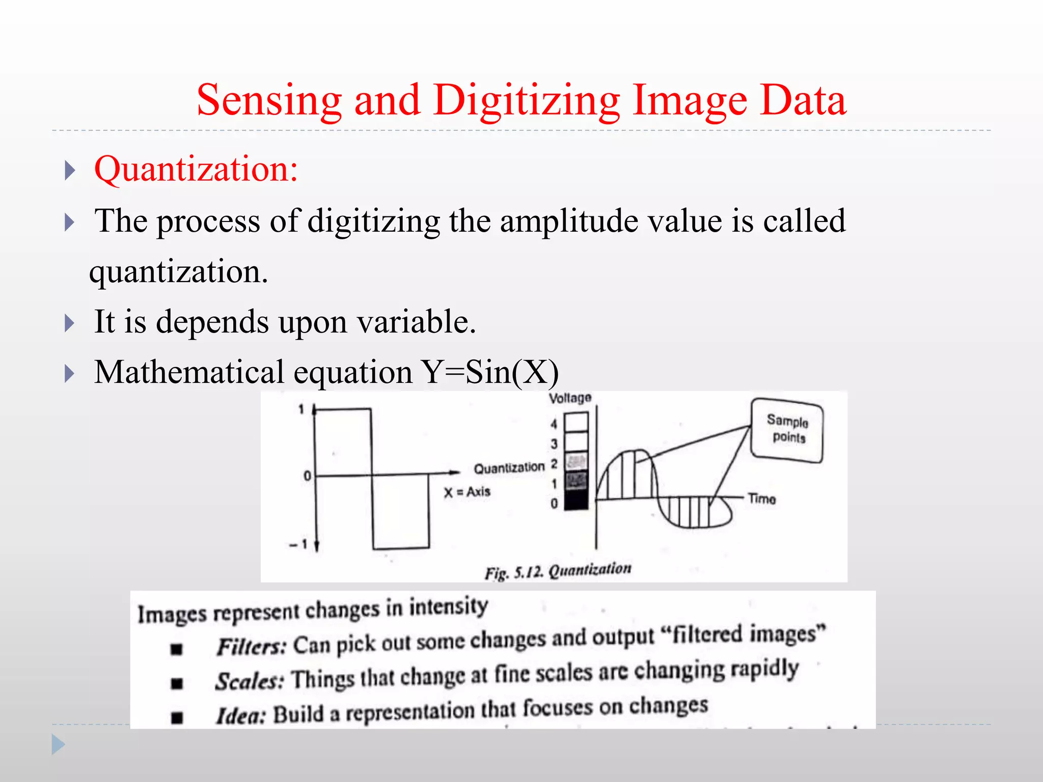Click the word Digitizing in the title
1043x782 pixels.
tap(527, 101)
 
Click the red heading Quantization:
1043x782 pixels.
tap(196, 169)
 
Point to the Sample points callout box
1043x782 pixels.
tap(787, 430)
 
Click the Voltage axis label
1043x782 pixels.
tap(570, 398)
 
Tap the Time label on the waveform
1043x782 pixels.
tap(762, 499)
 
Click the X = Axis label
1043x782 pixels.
tap(466, 492)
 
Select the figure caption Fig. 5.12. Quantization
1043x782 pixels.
tap(558, 570)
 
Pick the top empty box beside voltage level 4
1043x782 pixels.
tap(577, 422)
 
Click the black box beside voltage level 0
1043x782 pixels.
tap(577, 500)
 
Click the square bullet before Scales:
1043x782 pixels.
tap(177, 683)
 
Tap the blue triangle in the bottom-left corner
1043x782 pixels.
tap(58, 745)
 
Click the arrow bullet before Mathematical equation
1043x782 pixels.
tap(70, 374)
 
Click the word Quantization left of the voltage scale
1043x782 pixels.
tap(509, 468)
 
